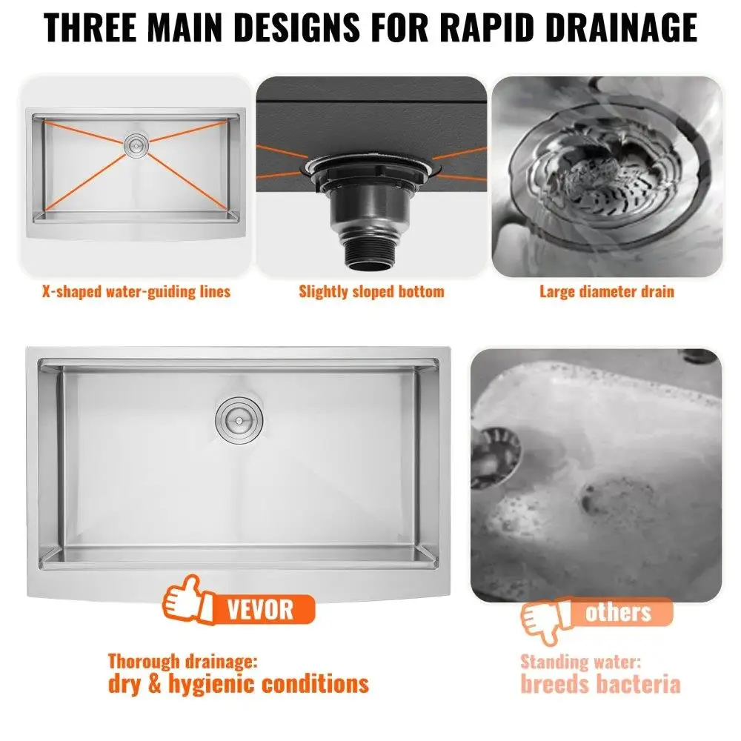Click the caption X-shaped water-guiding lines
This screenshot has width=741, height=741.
coord(136,291)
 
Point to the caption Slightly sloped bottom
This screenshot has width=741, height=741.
coord(371,291)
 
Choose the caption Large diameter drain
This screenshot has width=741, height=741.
coord(607,291)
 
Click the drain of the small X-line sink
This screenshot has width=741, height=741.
coord(136,144)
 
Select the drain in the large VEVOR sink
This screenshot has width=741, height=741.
coord(239,419)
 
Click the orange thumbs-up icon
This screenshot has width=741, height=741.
coord(187,600)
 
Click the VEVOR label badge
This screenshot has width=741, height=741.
coord(262,609)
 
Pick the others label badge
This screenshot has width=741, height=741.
coord(619,613)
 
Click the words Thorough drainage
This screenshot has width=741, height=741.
coord(183,662)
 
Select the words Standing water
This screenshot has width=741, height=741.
coord(581,662)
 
